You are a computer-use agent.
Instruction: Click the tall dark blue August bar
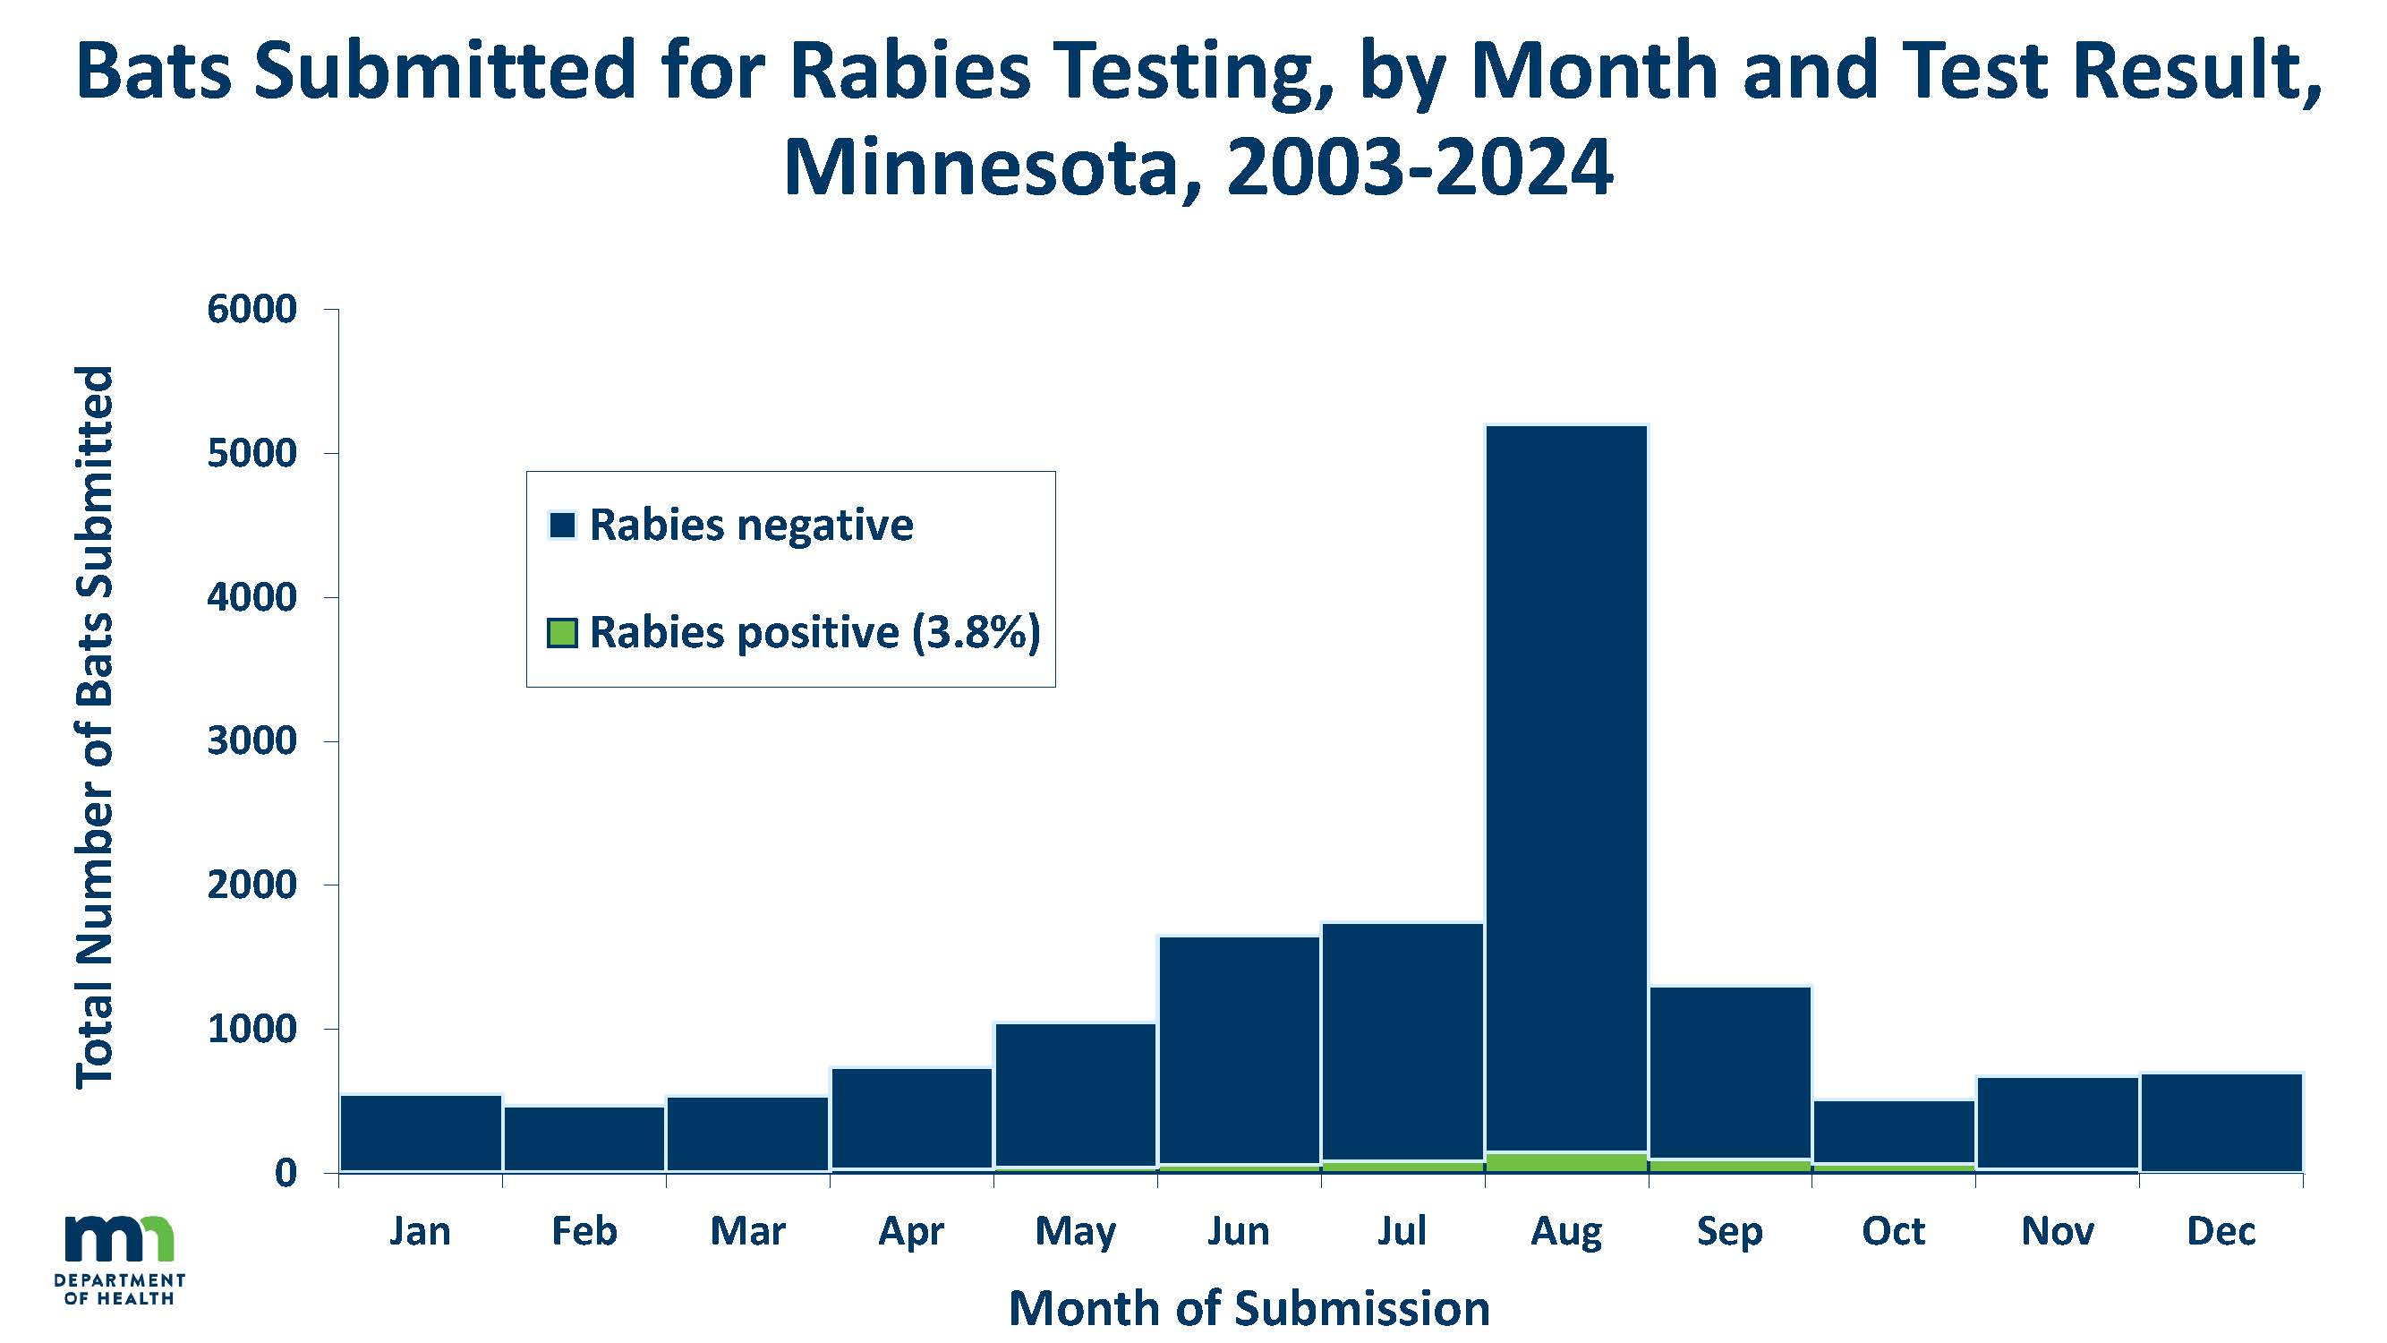1566,788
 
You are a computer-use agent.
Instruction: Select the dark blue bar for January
421,1133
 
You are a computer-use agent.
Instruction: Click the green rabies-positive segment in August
1566,1162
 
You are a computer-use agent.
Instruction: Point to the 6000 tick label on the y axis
251,310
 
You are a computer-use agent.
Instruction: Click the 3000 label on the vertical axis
251,741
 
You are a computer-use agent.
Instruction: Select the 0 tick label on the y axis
285,1174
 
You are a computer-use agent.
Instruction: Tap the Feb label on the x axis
584,1232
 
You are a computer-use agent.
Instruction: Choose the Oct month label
1893,1232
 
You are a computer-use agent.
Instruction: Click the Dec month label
2221,1232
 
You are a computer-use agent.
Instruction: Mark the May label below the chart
1075,1232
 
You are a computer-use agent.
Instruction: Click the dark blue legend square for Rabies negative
562,526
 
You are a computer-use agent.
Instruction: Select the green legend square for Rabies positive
562,633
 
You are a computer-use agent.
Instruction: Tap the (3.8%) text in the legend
976,633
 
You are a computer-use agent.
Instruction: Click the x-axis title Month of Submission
1249,1308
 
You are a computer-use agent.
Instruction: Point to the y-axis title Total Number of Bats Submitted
95,728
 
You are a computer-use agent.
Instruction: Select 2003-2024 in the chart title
1419,168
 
